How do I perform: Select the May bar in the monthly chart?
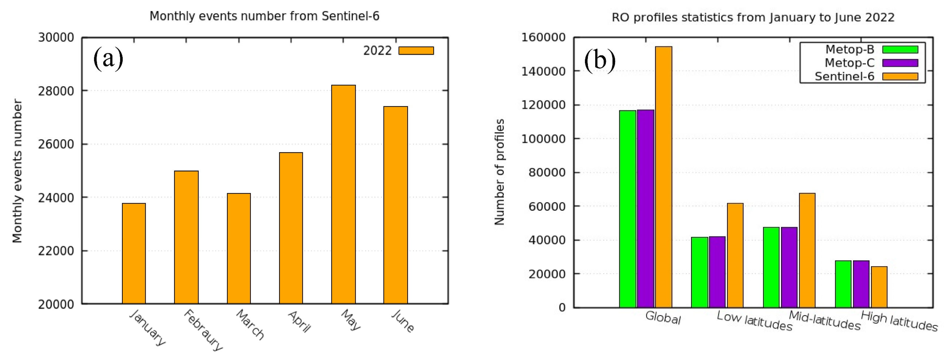pos(343,195)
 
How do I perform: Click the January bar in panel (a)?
pos(134,253)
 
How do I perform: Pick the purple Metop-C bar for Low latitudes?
pos(717,271)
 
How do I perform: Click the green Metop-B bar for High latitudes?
pos(843,284)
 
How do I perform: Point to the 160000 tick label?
pos(543,37)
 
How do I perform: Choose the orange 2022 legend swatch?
pos(416,51)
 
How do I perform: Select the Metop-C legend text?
pos(850,63)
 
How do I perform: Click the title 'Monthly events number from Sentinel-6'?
pos(264,16)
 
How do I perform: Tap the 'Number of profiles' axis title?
pos(500,172)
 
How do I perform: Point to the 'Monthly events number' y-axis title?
pos(17,171)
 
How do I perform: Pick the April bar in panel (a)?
pos(291,228)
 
